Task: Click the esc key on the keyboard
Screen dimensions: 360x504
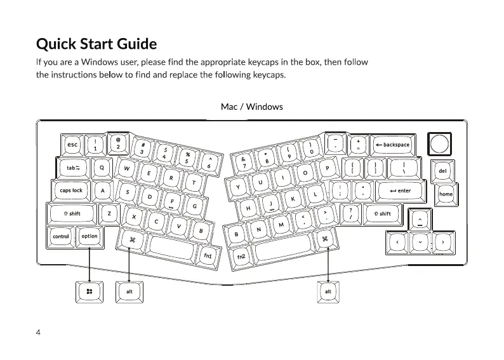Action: (72, 145)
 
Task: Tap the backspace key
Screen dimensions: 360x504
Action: (391, 145)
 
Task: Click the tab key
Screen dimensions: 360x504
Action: (73, 168)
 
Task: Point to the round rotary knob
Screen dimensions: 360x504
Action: (438, 144)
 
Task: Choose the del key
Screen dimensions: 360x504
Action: (442, 171)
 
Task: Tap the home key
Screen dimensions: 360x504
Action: (446, 194)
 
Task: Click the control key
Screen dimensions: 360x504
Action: (61, 236)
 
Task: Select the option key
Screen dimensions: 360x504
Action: (90, 236)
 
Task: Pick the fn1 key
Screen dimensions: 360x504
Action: (207, 255)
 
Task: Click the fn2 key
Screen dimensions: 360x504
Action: (241, 256)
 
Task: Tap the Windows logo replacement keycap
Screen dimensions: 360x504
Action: (90, 291)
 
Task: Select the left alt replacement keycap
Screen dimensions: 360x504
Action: (129, 291)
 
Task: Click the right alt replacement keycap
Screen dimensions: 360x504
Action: (328, 291)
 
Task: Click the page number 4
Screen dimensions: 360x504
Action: (39, 333)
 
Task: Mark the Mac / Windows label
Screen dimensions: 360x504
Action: (251, 107)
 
